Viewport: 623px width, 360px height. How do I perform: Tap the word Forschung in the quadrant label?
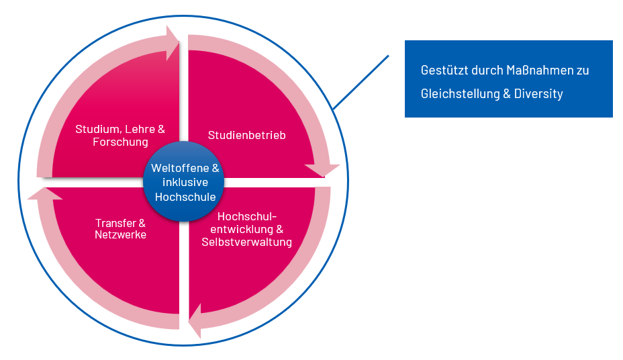pos(120,142)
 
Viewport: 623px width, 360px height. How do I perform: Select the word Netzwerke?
pos(121,235)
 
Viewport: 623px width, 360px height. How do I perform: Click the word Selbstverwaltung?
pos(247,242)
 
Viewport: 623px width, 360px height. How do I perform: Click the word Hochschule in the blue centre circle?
pos(185,197)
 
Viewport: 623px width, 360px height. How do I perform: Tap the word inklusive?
pos(185,183)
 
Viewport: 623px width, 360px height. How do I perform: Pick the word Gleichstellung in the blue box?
pos(460,94)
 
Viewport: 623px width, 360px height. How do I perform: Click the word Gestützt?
pos(444,71)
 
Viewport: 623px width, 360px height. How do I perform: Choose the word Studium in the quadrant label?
pos(95,129)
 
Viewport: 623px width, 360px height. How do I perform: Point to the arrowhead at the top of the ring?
pos(173,42)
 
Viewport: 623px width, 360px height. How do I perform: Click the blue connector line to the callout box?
pos(361,82)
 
